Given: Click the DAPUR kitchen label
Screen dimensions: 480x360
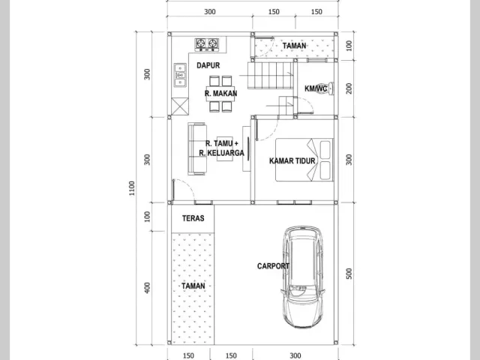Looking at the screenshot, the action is tap(208, 65).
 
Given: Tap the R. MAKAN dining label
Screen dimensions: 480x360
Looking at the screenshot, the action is tap(220, 93).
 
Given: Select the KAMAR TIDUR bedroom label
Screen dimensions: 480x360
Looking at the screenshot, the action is tap(292, 161).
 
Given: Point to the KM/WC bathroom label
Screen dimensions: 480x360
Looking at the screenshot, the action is tap(316, 88).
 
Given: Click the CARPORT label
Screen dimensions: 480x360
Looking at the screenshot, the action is tap(273, 266).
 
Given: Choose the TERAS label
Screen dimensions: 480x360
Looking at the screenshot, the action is tap(193, 218).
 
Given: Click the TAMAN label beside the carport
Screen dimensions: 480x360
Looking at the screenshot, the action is tap(193, 286).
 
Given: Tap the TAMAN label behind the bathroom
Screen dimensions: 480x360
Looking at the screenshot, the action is tap(294, 46).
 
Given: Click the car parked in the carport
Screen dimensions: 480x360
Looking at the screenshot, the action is tap(303, 277).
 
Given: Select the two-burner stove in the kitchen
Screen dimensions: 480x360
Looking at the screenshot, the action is tap(207, 45).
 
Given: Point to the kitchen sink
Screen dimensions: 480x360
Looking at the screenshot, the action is tap(180, 75).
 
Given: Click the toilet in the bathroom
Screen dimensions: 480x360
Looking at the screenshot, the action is tap(326, 88).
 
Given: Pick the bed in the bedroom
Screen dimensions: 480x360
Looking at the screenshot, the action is tap(304, 160).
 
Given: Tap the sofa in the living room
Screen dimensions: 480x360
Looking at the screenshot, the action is tap(196, 148).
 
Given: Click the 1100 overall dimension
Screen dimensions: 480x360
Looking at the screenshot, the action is tap(132, 188).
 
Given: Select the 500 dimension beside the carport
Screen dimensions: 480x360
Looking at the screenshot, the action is tap(349, 274).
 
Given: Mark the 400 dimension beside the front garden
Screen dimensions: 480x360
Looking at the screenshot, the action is tap(147, 288).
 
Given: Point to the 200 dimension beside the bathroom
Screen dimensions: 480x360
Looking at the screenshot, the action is tap(349, 88).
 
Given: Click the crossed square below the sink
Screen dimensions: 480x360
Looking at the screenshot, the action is tap(180, 106).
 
